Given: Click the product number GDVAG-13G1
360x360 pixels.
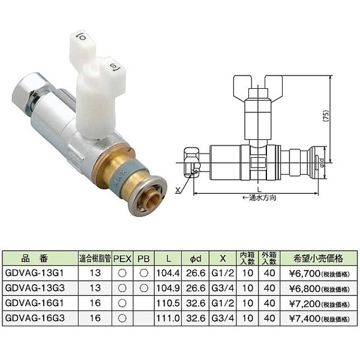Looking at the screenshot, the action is pyautogui.click(x=34, y=273).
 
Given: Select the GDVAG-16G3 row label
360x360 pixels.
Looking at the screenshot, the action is pyautogui.click(x=35, y=318).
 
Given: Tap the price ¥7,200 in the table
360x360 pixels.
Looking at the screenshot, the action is pyautogui.click(x=304, y=304).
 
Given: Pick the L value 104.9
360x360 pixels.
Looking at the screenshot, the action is pyautogui.click(x=168, y=288).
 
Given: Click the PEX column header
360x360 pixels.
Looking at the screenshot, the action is pyautogui.click(x=122, y=259).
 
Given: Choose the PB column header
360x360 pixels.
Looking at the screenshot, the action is pyautogui.click(x=144, y=259).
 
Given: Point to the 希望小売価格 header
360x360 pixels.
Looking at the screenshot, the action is pyautogui.click(x=318, y=259).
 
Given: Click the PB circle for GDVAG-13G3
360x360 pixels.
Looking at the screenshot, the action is pyautogui.click(x=144, y=288).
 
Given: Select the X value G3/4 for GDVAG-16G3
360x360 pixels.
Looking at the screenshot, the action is pyautogui.click(x=223, y=318).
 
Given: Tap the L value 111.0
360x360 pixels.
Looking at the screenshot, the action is pyautogui.click(x=168, y=318).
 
